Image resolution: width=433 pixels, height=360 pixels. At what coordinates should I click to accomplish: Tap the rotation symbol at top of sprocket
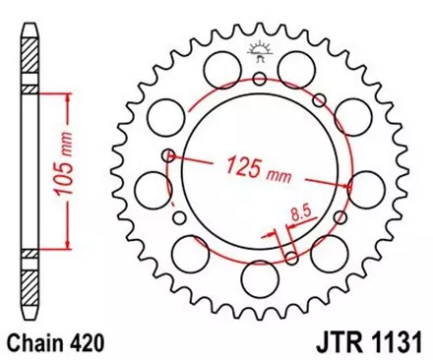tap(259, 50)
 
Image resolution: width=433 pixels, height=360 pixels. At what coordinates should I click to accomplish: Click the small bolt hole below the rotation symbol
tap(259, 81)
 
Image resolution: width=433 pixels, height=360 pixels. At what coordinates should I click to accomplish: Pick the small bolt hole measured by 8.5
tap(292, 258)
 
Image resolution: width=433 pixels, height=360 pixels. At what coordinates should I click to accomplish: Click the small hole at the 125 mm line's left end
tap(170, 154)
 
